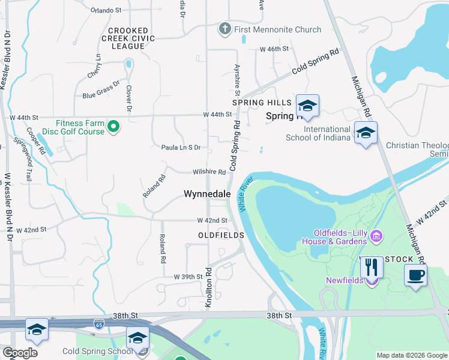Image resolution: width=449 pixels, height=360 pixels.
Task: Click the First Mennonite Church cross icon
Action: [x=225, y=29]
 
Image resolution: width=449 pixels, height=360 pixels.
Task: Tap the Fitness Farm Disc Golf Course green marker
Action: [x=113, y=127]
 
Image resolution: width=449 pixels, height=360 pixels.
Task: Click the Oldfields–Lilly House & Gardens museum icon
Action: [x=376, y=235]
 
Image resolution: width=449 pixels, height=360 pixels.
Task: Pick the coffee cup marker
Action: [x=415, y=275]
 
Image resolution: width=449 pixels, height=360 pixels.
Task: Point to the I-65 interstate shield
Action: [x=98, y=325]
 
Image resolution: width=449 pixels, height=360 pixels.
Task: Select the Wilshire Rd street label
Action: [x=209, y=172]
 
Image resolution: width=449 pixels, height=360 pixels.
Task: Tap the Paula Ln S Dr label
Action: [x=181, y=147]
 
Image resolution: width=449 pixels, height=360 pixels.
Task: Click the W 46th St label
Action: [x=274, y=49]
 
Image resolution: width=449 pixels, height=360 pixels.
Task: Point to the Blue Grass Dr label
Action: [x=101, y=91]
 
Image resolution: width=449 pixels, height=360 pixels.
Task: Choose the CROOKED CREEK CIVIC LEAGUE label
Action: [x=132, y=38]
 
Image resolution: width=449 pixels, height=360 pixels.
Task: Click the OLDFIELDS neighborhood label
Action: [x=221, y=235]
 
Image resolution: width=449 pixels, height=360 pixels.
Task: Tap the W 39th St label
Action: [x=190, y=277]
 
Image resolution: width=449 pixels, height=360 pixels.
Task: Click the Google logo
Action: [x=20, y=353]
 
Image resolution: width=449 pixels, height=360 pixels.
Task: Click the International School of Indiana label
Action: [x=327, y=133]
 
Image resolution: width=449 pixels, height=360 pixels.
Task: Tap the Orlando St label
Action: [x=106, y=10]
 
